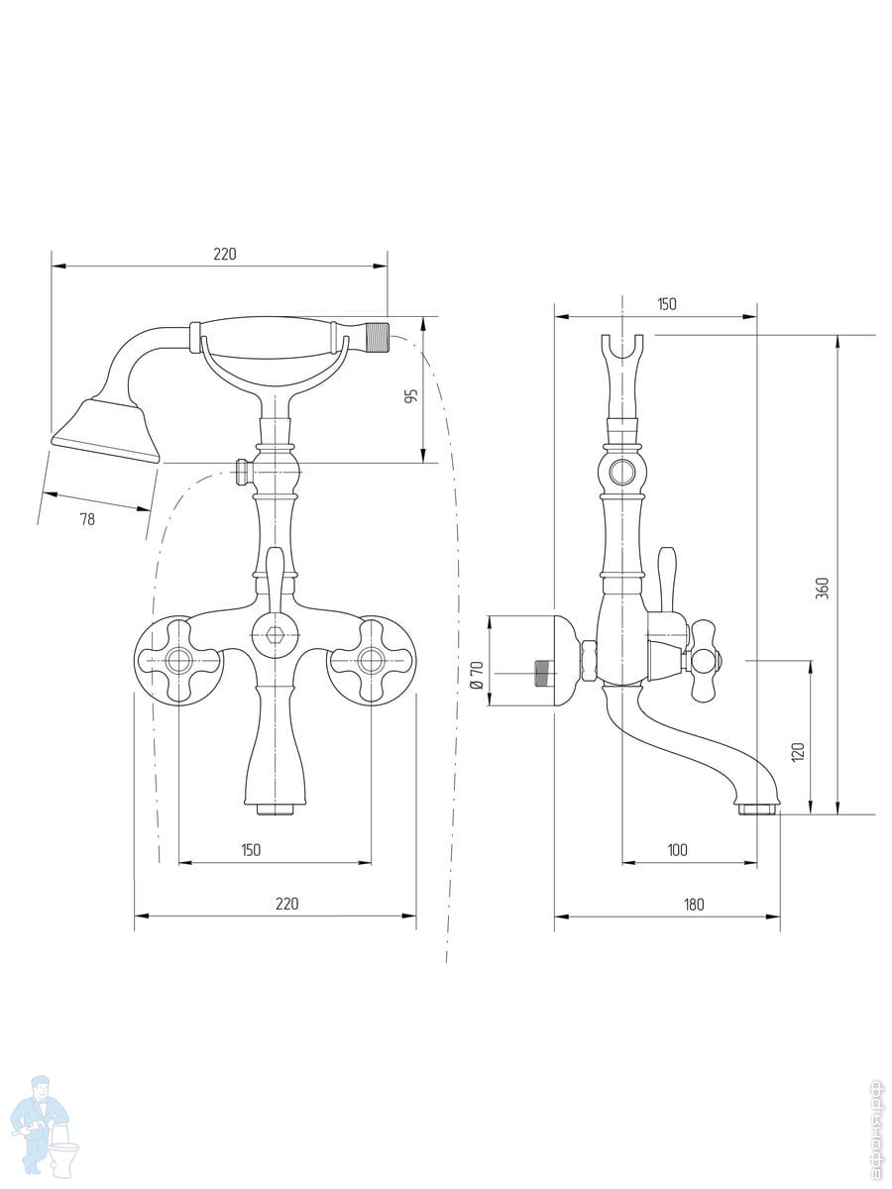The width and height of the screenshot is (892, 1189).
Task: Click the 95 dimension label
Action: click(412, 395)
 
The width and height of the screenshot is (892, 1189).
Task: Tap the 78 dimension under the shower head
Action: click(87, 519)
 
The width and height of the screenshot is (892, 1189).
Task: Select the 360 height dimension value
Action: click(823, 589)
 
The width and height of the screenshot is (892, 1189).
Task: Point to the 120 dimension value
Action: click(798, 752)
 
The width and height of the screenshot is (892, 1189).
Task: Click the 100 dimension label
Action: click(677, 850)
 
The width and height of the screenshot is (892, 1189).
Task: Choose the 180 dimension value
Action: click(694, 904)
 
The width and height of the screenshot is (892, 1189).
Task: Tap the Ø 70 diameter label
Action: click(477, 675)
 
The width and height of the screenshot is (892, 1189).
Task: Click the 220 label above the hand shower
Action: click(224, 254)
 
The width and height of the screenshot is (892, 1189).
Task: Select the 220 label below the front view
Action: click(287, 904)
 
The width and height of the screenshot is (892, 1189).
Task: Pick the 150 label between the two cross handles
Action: click(250, 850)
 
